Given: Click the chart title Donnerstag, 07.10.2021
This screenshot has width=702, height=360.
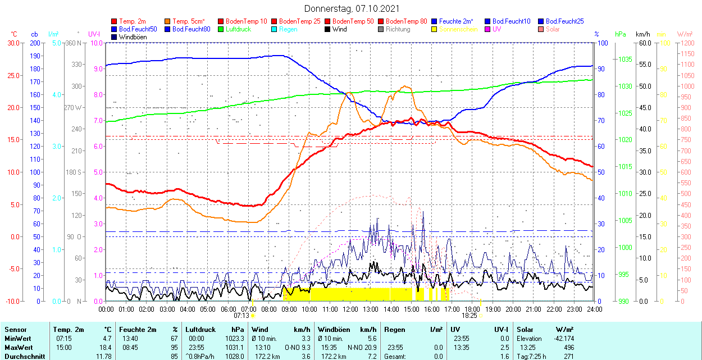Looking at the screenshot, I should click(352, 8).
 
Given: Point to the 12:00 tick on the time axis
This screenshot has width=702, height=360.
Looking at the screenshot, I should click(350, 309).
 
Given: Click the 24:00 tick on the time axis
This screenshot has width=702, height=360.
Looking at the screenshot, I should click(594, 309).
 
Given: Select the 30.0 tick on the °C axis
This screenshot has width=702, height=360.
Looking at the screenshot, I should click(11, 43).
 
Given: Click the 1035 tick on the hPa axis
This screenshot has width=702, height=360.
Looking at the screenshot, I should click(624, 59).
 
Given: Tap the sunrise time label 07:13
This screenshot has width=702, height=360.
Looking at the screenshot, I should click(241, 316).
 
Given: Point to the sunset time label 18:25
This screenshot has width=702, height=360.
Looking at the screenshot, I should click(469, 316).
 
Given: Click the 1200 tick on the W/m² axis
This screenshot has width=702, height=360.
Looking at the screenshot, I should click(687, 43).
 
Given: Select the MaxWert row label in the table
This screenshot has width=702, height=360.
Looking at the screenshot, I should click(19, 348).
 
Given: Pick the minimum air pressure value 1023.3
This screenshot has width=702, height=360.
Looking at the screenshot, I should click(235, 339).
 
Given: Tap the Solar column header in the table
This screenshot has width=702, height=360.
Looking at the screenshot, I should click(525, 330).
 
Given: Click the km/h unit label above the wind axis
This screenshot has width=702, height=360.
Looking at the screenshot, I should click(642, 34).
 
